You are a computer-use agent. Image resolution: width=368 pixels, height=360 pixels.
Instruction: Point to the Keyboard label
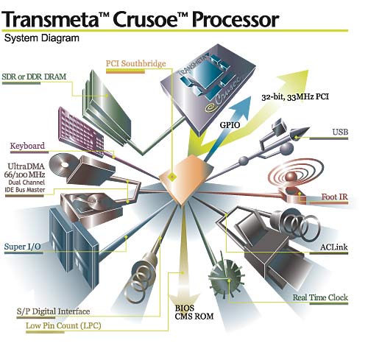27,145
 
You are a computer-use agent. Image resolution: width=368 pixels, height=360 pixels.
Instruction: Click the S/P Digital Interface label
49,310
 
